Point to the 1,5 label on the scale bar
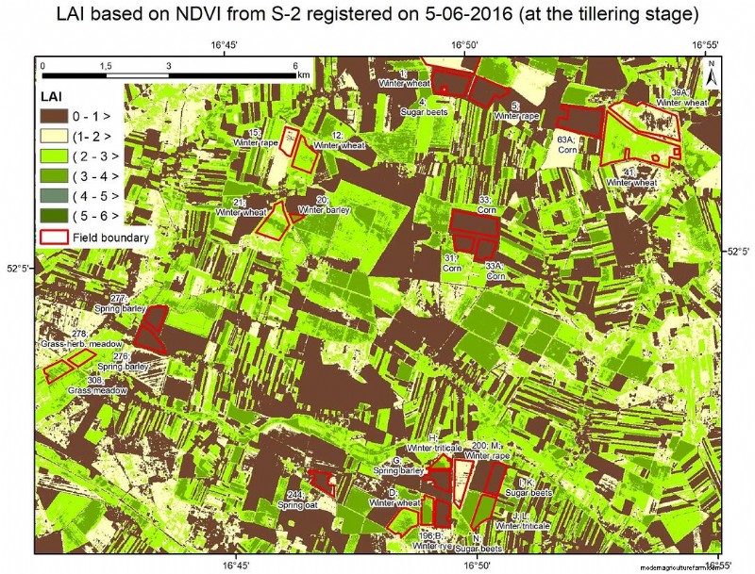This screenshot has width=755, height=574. [x=106, y=65]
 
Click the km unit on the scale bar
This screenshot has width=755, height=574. [x=303, y=74]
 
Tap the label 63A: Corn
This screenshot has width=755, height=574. [x=566, y=142]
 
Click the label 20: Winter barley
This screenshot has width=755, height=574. [x=324, y=205]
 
